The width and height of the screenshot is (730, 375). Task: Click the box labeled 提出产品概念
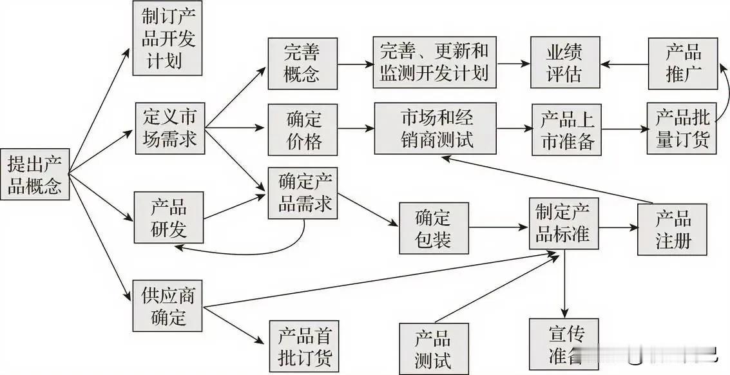[x=35, y=174]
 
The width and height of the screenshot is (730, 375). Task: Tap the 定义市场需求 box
[x=170, y=128]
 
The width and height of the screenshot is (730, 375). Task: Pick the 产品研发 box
[x=169, y=217]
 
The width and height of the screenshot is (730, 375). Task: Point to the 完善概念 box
[x=302, y=63]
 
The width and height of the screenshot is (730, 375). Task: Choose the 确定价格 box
[x=302, y=129]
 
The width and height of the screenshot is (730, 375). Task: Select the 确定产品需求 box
[x=302, y=193]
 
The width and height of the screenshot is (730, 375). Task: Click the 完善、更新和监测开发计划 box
[x=434, y=63]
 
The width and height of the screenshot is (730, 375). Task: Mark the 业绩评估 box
[x=564, y=63]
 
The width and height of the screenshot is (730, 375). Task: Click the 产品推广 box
[x=682, y=63]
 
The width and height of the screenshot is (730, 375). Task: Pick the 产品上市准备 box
[x=566, y=129]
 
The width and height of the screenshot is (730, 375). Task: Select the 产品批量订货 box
[x=682, y=129]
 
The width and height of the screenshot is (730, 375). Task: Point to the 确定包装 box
[x=434, y=228]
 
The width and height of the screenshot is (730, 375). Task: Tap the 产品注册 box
[x=673, y=229]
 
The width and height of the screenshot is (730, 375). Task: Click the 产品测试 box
[x=432, y=348]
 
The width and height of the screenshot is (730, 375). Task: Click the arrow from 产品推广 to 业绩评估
[x=624, y=64]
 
